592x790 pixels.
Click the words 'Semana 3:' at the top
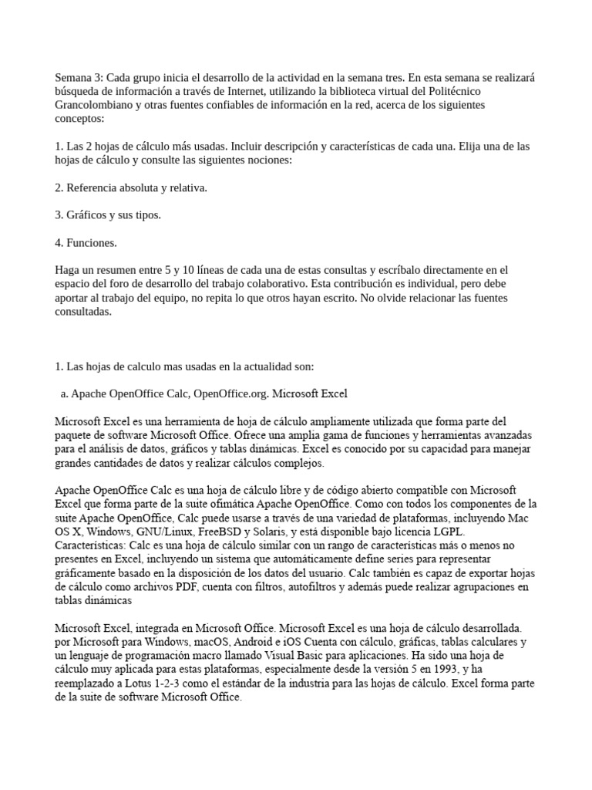[79, 78]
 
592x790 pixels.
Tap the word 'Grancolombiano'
[94, 106]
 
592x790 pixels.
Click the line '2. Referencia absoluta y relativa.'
[132, 187]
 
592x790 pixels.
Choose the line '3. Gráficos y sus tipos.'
[109, 215]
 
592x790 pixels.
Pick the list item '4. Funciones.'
[86, 243]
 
